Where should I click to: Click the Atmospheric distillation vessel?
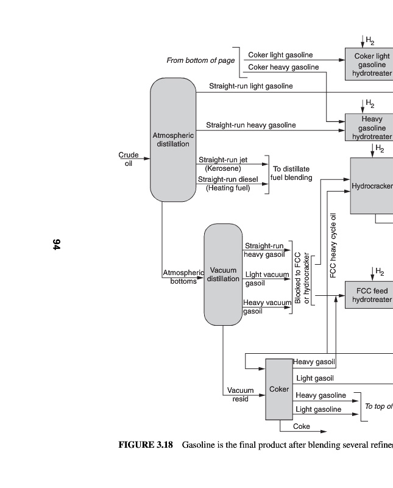tap(173, 140)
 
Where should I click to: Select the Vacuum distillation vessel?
tap(223, 274)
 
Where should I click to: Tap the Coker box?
tap(279, 389)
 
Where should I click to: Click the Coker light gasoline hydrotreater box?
tap(369, 65)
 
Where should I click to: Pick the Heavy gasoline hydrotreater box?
tap(369, 127)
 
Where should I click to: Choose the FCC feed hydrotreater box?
tap(369, 295)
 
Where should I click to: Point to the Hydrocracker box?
tap(371, 185)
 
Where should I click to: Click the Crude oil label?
tap(129, 159)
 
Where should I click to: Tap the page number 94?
tap(56, 245)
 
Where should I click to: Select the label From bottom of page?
tap(200, 61)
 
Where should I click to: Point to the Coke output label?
tap(302, 426)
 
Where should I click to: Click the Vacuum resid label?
tap(240, 395)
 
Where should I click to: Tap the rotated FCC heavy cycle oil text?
tap(333, 245)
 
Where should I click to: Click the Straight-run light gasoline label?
tap(250, 87)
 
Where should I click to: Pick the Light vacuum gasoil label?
tap(266, 279)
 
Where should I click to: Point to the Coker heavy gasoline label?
tap(283, 67)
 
